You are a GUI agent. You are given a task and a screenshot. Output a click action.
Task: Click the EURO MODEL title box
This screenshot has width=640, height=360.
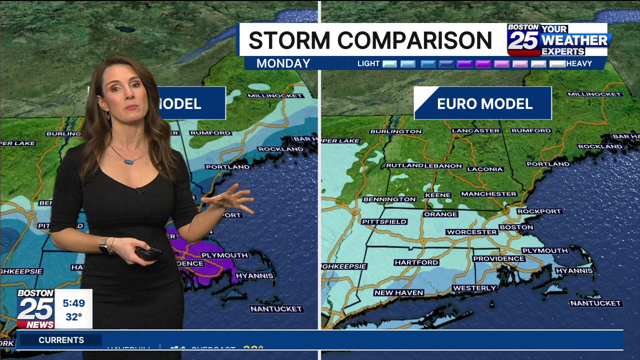tap(483, 103)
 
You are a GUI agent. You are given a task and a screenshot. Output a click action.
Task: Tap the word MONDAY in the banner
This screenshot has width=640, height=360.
tap(283, 63)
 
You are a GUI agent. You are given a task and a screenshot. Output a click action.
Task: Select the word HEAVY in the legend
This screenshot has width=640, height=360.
tap(579, 63)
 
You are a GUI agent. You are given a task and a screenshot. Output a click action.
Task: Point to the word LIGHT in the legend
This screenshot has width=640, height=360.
tap(368, 63)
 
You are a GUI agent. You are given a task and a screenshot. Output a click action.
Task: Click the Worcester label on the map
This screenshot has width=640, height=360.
tap(471, 232)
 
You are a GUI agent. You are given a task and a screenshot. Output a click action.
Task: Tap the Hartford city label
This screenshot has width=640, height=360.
tap(416, 262)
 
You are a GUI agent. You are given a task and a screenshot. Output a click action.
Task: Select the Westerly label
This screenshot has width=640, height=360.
tap(474, 288)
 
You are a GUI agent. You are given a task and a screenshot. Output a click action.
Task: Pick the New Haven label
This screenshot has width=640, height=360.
tap(398, 292)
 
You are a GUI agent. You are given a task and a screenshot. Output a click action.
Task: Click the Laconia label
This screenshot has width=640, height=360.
tap(485, 169)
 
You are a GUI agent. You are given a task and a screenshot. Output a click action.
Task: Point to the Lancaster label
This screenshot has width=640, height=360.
tap(475, 130)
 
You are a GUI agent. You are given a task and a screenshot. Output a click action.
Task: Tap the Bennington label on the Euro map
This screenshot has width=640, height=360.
tap(389, 199)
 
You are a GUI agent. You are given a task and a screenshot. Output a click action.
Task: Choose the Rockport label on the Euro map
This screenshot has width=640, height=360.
tap(539, 211)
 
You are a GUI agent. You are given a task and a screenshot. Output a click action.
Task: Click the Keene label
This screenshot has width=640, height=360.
tap(437, 195)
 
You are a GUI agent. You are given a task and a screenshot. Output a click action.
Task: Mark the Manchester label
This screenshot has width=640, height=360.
tap(488, 193)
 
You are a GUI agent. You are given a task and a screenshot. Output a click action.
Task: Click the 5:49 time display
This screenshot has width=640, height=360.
tap(73, 303)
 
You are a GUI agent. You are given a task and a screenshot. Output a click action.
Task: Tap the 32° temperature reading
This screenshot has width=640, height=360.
tap(73, 317)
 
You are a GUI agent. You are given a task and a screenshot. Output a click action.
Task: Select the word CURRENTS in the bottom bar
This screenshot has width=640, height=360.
tap(61, 340)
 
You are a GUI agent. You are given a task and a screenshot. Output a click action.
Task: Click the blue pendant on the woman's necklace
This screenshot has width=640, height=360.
tap(128, 161)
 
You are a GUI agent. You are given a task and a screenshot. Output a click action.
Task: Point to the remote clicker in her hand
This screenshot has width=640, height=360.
tap(148, 253)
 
